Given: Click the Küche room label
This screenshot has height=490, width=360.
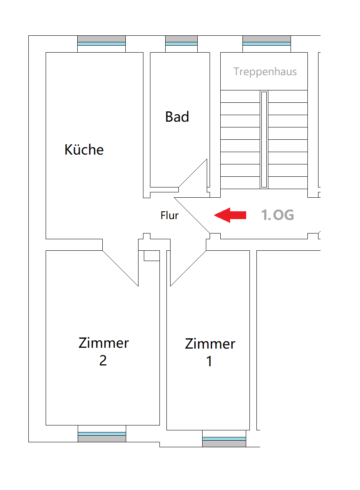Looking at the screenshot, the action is click(x=84, y=149).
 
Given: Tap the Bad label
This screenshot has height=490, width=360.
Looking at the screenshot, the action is click(x=177, y=117).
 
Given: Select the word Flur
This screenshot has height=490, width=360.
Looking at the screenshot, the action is click(x=169, y=215).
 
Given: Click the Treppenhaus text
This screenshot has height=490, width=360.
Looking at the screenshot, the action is click(x=265, y=72).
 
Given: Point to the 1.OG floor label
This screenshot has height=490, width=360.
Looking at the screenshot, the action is click(x=277, y=215).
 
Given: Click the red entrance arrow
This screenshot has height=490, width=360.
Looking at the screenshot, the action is click(x=230, y=215).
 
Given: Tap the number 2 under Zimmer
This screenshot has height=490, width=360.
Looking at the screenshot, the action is click(x=103, y=361).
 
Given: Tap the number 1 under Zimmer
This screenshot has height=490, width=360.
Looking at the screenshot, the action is click(x=209, y=361).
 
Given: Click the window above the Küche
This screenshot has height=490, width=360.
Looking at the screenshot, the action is click(x=102, y=44).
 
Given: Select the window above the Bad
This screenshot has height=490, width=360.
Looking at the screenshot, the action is click(x=181, y=44).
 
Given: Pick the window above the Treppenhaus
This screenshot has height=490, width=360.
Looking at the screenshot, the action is click(x=267, y=44).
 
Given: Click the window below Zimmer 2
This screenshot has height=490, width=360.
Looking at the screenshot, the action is click(x=102, y=434).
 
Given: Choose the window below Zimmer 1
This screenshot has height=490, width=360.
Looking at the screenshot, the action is click(x=224, y=439).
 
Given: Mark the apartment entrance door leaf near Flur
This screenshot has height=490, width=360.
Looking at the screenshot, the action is click(x=192, y=215).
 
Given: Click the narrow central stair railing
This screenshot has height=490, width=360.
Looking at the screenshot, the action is click(x=264, y=139).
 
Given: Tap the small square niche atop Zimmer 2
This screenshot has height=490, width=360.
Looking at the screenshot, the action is click(x=152, y=256).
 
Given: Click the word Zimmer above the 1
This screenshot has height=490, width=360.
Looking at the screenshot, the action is click(x=210, y=344).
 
